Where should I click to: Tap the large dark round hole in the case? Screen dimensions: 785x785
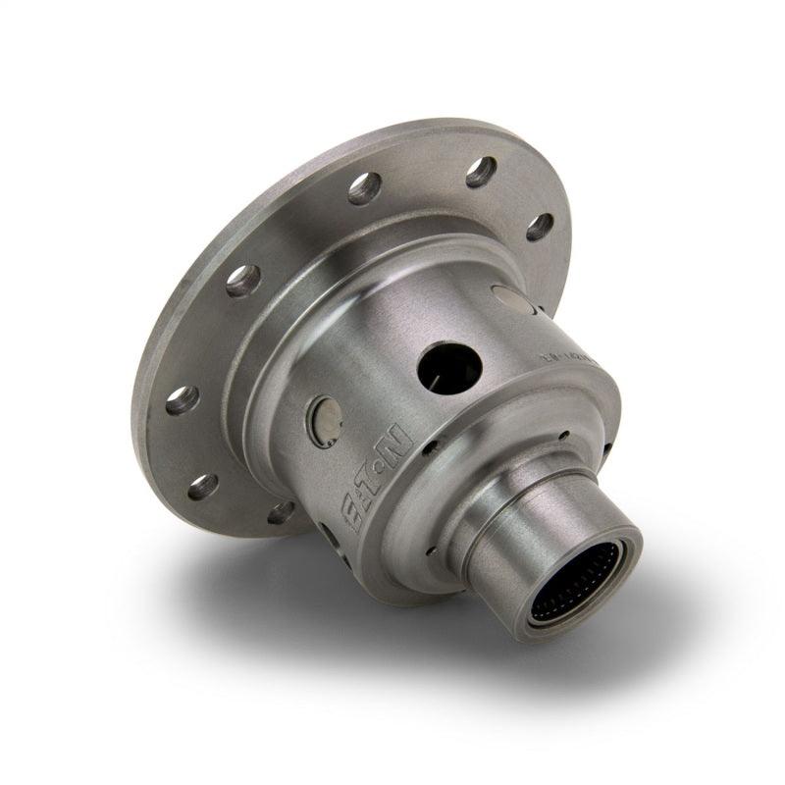point(449,368)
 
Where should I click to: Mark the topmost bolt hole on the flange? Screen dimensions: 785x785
point(481,172)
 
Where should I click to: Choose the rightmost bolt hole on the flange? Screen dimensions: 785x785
point(539,227)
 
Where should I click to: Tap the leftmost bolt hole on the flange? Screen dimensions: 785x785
point(182,399)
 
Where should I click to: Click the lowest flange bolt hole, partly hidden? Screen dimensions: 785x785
point(283,511)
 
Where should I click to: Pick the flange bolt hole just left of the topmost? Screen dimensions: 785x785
point(364,187)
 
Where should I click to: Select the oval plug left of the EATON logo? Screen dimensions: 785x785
point(325,420)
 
